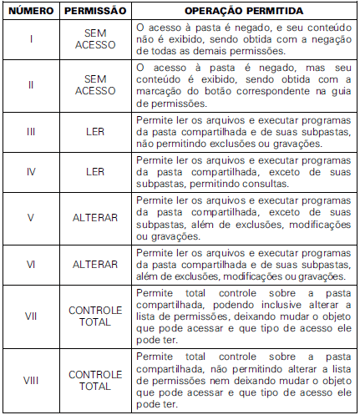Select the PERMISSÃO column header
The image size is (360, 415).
coord(94,13)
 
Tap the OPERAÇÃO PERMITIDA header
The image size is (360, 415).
coord(244,13)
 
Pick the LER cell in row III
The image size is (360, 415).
coord(94,131)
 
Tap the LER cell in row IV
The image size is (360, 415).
coord(94,171)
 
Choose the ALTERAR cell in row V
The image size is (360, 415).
coord(94,218)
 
